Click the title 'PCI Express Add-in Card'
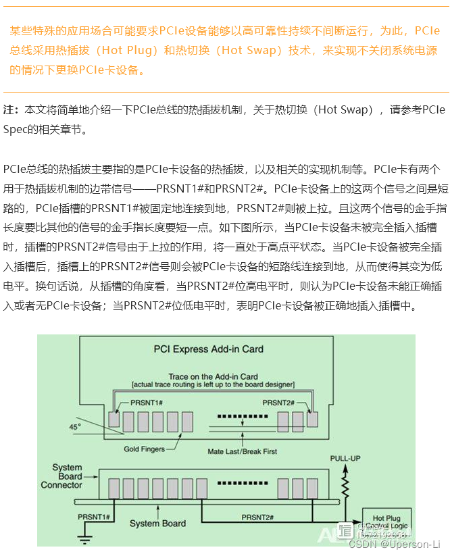coord(208,349)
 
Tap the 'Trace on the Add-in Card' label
coord(213,376)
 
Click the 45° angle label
coord(74,426)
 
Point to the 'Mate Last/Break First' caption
coord(243,451)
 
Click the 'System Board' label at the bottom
coord(158,524)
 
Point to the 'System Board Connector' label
coord(66,476)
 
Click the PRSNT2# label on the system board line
coord(257,517)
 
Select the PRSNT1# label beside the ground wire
coord(94,517)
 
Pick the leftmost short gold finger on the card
coord(114,419)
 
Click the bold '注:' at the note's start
coord(11,109)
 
